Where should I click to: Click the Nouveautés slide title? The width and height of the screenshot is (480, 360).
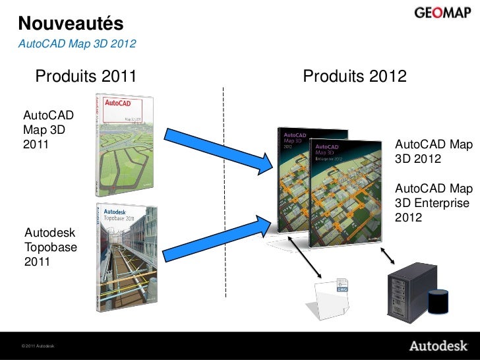tap(71, 23)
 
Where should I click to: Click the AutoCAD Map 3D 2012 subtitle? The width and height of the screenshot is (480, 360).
tap(77, 45)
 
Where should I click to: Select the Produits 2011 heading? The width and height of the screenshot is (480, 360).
tap(86, 77)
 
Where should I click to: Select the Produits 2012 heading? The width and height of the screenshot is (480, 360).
tap(354, 77)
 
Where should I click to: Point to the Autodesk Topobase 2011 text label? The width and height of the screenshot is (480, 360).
tap(51, 247)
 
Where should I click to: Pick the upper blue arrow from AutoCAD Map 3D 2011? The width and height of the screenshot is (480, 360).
tap(218, 151)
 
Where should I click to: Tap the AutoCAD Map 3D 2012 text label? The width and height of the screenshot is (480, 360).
tap(433, 152)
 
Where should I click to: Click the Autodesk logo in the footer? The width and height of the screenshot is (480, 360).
tap(438, 346)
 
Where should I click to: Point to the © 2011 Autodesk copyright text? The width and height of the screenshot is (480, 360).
tap(38, 346)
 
